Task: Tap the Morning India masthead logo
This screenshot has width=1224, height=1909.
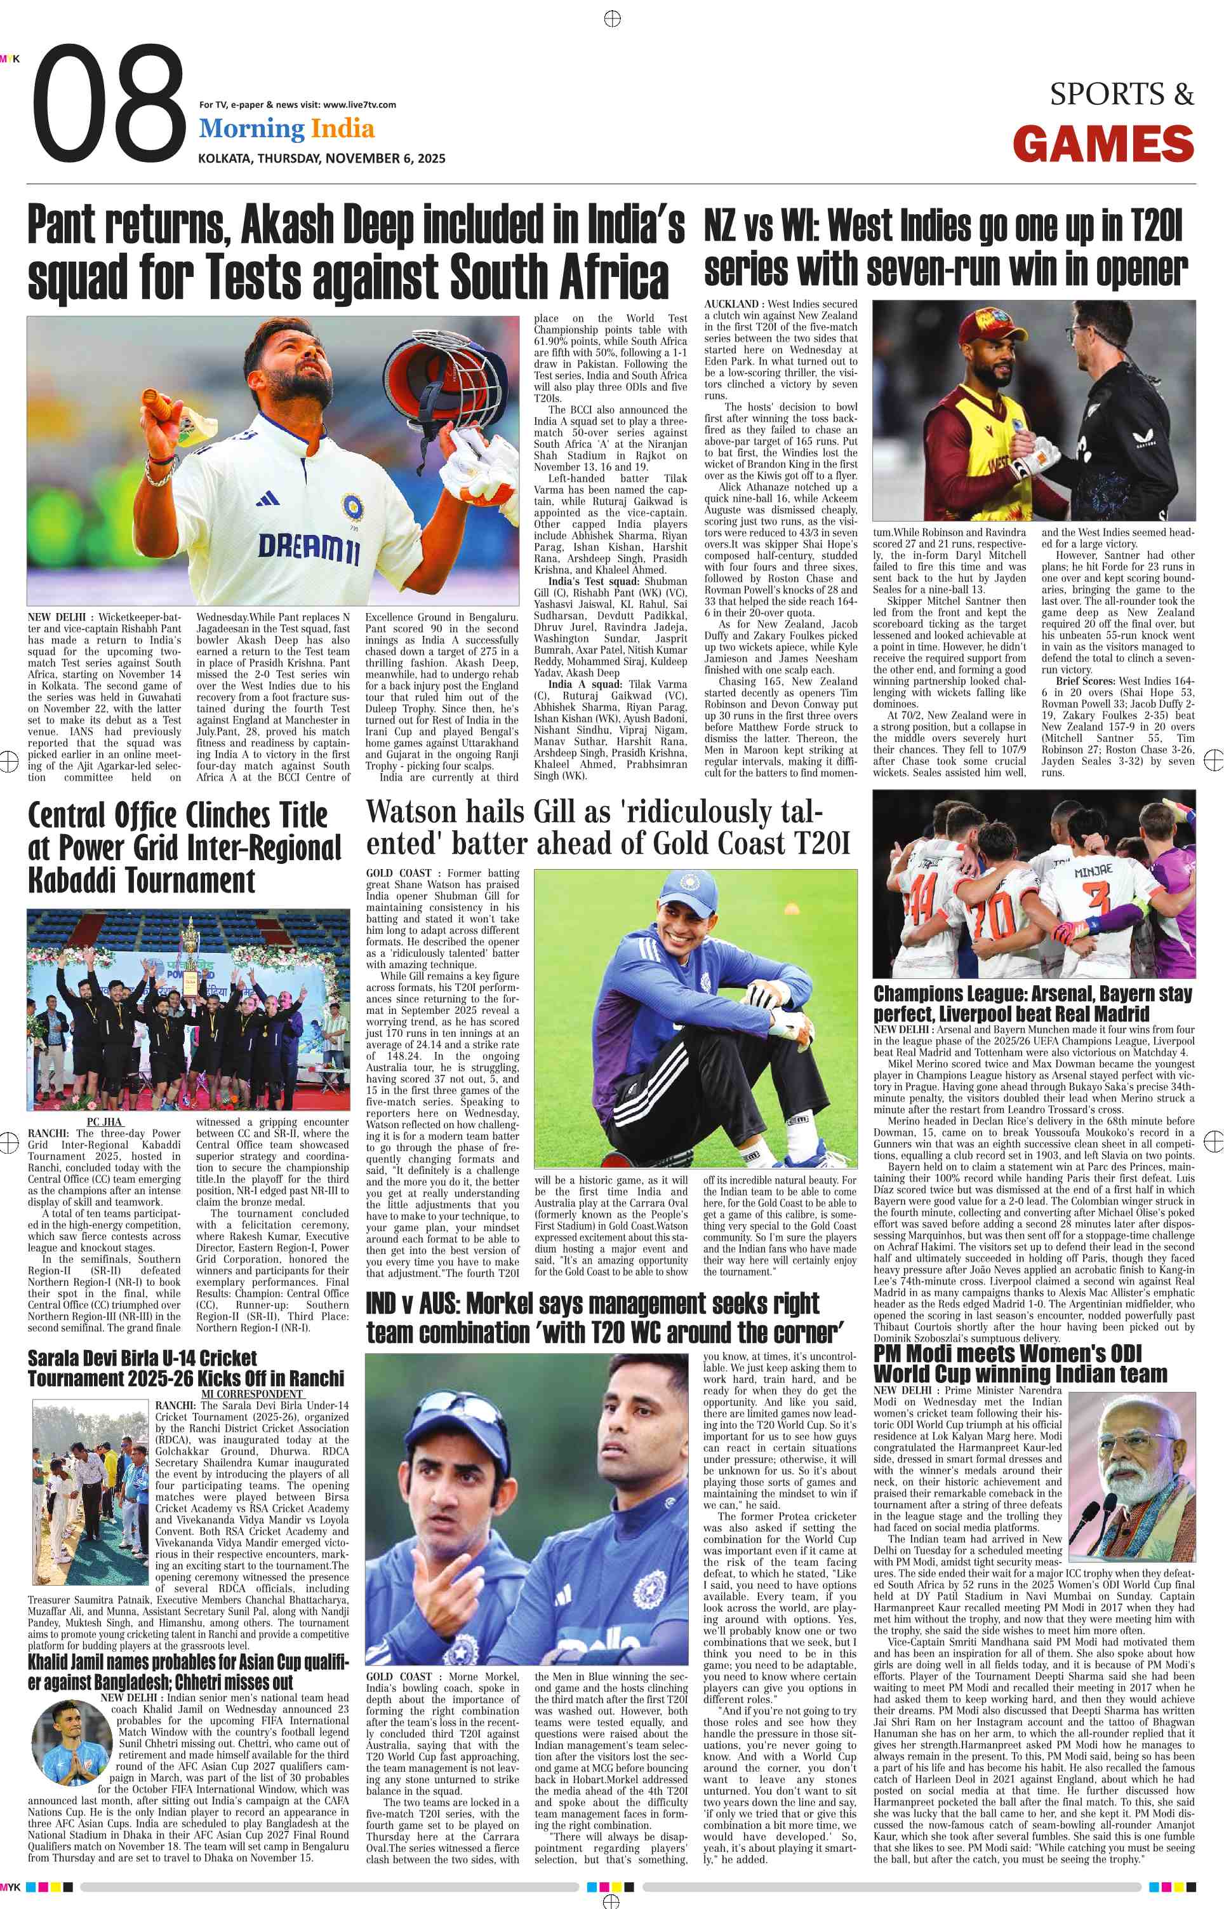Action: (x=286, y=128)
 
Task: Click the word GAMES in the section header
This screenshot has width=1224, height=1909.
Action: (x=1103, y=145)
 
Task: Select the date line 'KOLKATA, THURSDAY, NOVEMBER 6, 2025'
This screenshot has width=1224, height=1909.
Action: (x=321, y=158)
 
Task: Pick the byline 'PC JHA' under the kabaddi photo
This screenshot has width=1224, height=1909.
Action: (x=105, y=1123)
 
